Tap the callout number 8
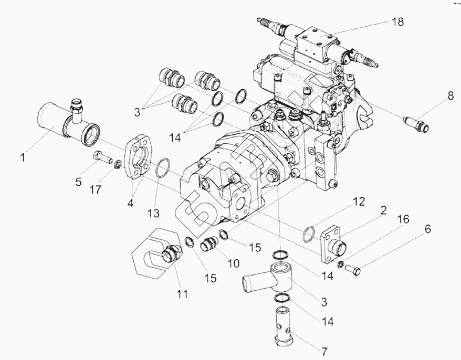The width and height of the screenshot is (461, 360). click(x=449, y=96)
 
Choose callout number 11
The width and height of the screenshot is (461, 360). click(x=181, y=294)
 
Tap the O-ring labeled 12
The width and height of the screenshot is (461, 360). click(x=310, y=234)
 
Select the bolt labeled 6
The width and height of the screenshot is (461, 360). click(x=353, y=270)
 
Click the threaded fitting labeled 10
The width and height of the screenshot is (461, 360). click(x=210, y=244)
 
